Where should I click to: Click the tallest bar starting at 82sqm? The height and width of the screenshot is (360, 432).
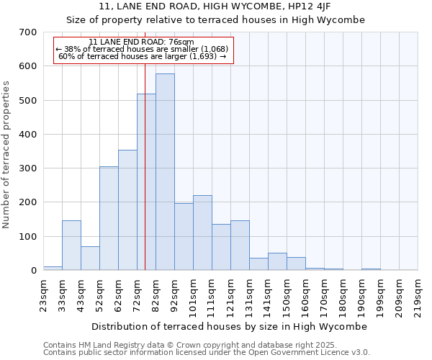pyautogui.click(x=165, y=173)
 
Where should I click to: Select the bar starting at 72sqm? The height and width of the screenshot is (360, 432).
pyautogui.click(x=146, y=184)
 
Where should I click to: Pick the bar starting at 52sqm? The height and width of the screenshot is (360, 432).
pyautogui.click(x=109, y=219)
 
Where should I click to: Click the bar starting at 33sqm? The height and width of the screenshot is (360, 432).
pyautogui.click(x=71, y=246)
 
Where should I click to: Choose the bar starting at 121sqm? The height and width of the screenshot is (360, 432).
pyautogui.click(x=240, y=246)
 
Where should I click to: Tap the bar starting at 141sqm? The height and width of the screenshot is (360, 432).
pyautogui.click(x=277, y=262)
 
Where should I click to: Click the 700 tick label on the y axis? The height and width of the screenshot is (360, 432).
pyautogui.click(x=28, y=32)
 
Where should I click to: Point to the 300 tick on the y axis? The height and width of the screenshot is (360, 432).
pyautogui.click(x=28, y=168)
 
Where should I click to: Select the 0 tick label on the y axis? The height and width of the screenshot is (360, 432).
pyautogui.click(x=33, y=271)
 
